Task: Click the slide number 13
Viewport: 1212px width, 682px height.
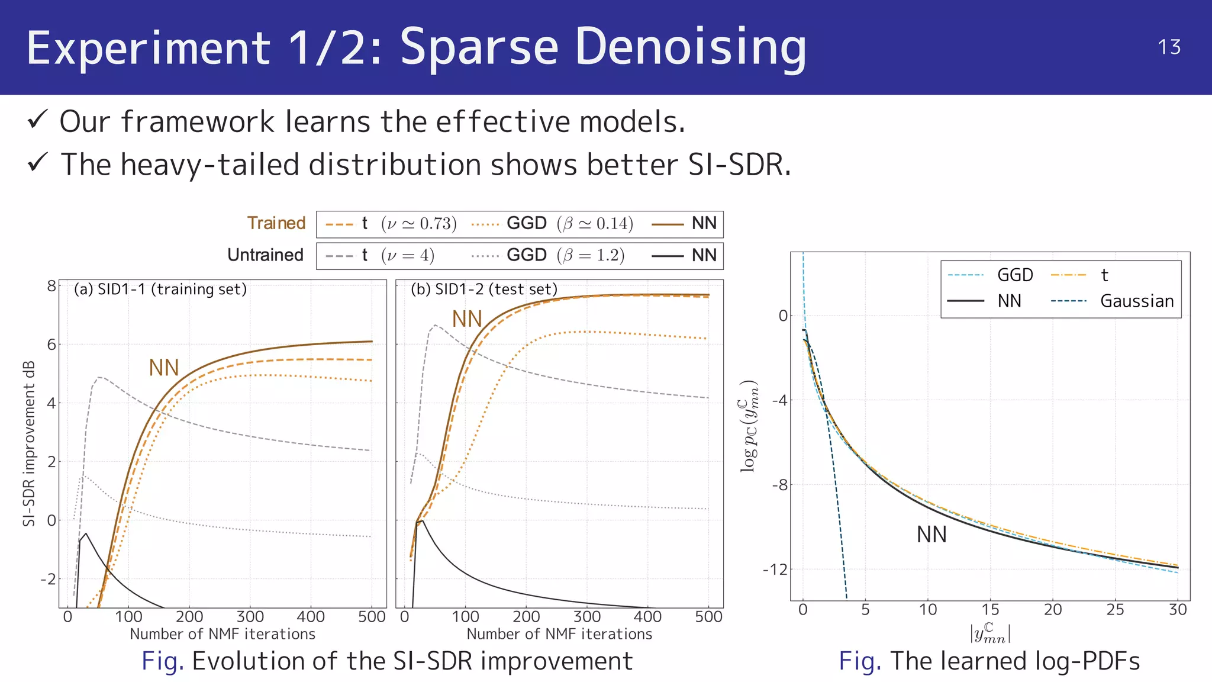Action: pyautogui.click(x=1169, y=47)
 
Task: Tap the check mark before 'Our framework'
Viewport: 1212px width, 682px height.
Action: pyautogui.click(x=37, y=120)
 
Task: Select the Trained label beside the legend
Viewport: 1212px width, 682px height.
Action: pyautogui.click(x=276, y=223)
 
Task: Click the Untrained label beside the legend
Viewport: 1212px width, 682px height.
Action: pyautogui.click(x=265, y=255)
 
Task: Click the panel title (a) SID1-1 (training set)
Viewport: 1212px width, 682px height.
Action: pyautogui.click(x=160, y=289)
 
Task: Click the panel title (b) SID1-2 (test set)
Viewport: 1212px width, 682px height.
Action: pyautogui.click(x=484, y=289)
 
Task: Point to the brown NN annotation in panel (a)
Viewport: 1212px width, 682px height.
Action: pyautogui.click(x=163, y=368)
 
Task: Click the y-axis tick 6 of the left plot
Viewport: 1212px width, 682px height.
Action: pyautogui.click(x=51, y=345)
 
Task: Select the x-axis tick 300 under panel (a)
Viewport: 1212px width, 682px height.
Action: pyautogui.click(x=250, y=616)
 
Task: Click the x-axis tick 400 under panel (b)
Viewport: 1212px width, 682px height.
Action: pyautogui.click(x=647, y=616)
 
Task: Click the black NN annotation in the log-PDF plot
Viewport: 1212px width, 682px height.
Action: pyautogui.click(x=931, y=535)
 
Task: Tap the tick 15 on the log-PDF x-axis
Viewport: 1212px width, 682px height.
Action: pyautogui.click(x=990, y=609)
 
